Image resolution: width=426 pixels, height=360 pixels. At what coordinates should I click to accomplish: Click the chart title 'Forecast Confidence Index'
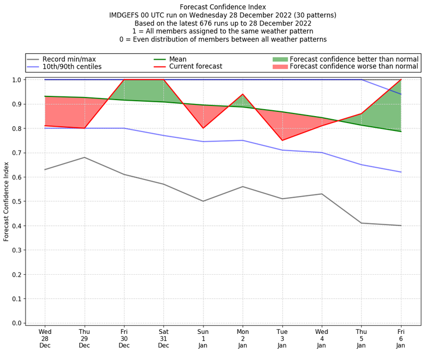pos(223,7)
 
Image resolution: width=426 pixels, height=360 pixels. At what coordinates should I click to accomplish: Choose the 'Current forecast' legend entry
pos(195,67)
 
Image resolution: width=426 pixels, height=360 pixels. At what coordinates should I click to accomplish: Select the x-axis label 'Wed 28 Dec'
pos(45,338)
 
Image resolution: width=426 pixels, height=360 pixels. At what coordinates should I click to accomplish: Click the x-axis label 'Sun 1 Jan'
pos(203,338)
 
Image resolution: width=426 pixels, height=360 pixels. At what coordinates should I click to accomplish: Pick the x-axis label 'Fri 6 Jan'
pos(401,338)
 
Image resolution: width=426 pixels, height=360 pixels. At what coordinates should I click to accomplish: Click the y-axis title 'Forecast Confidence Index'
pos(6,201)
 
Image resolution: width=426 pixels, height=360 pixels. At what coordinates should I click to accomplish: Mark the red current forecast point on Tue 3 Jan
pos(282,140)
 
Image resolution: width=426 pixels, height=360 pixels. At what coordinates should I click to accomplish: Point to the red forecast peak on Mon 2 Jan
pos(243,94)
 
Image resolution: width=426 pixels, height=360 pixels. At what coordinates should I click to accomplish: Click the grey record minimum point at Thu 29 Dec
pos(84,157)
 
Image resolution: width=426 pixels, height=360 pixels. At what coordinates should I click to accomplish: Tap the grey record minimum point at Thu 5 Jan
pos(362,223)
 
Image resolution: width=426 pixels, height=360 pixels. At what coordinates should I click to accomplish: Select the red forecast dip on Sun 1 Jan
pos(203,128)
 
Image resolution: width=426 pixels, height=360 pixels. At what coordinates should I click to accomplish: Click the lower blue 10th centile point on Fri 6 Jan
pos(401,172)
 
